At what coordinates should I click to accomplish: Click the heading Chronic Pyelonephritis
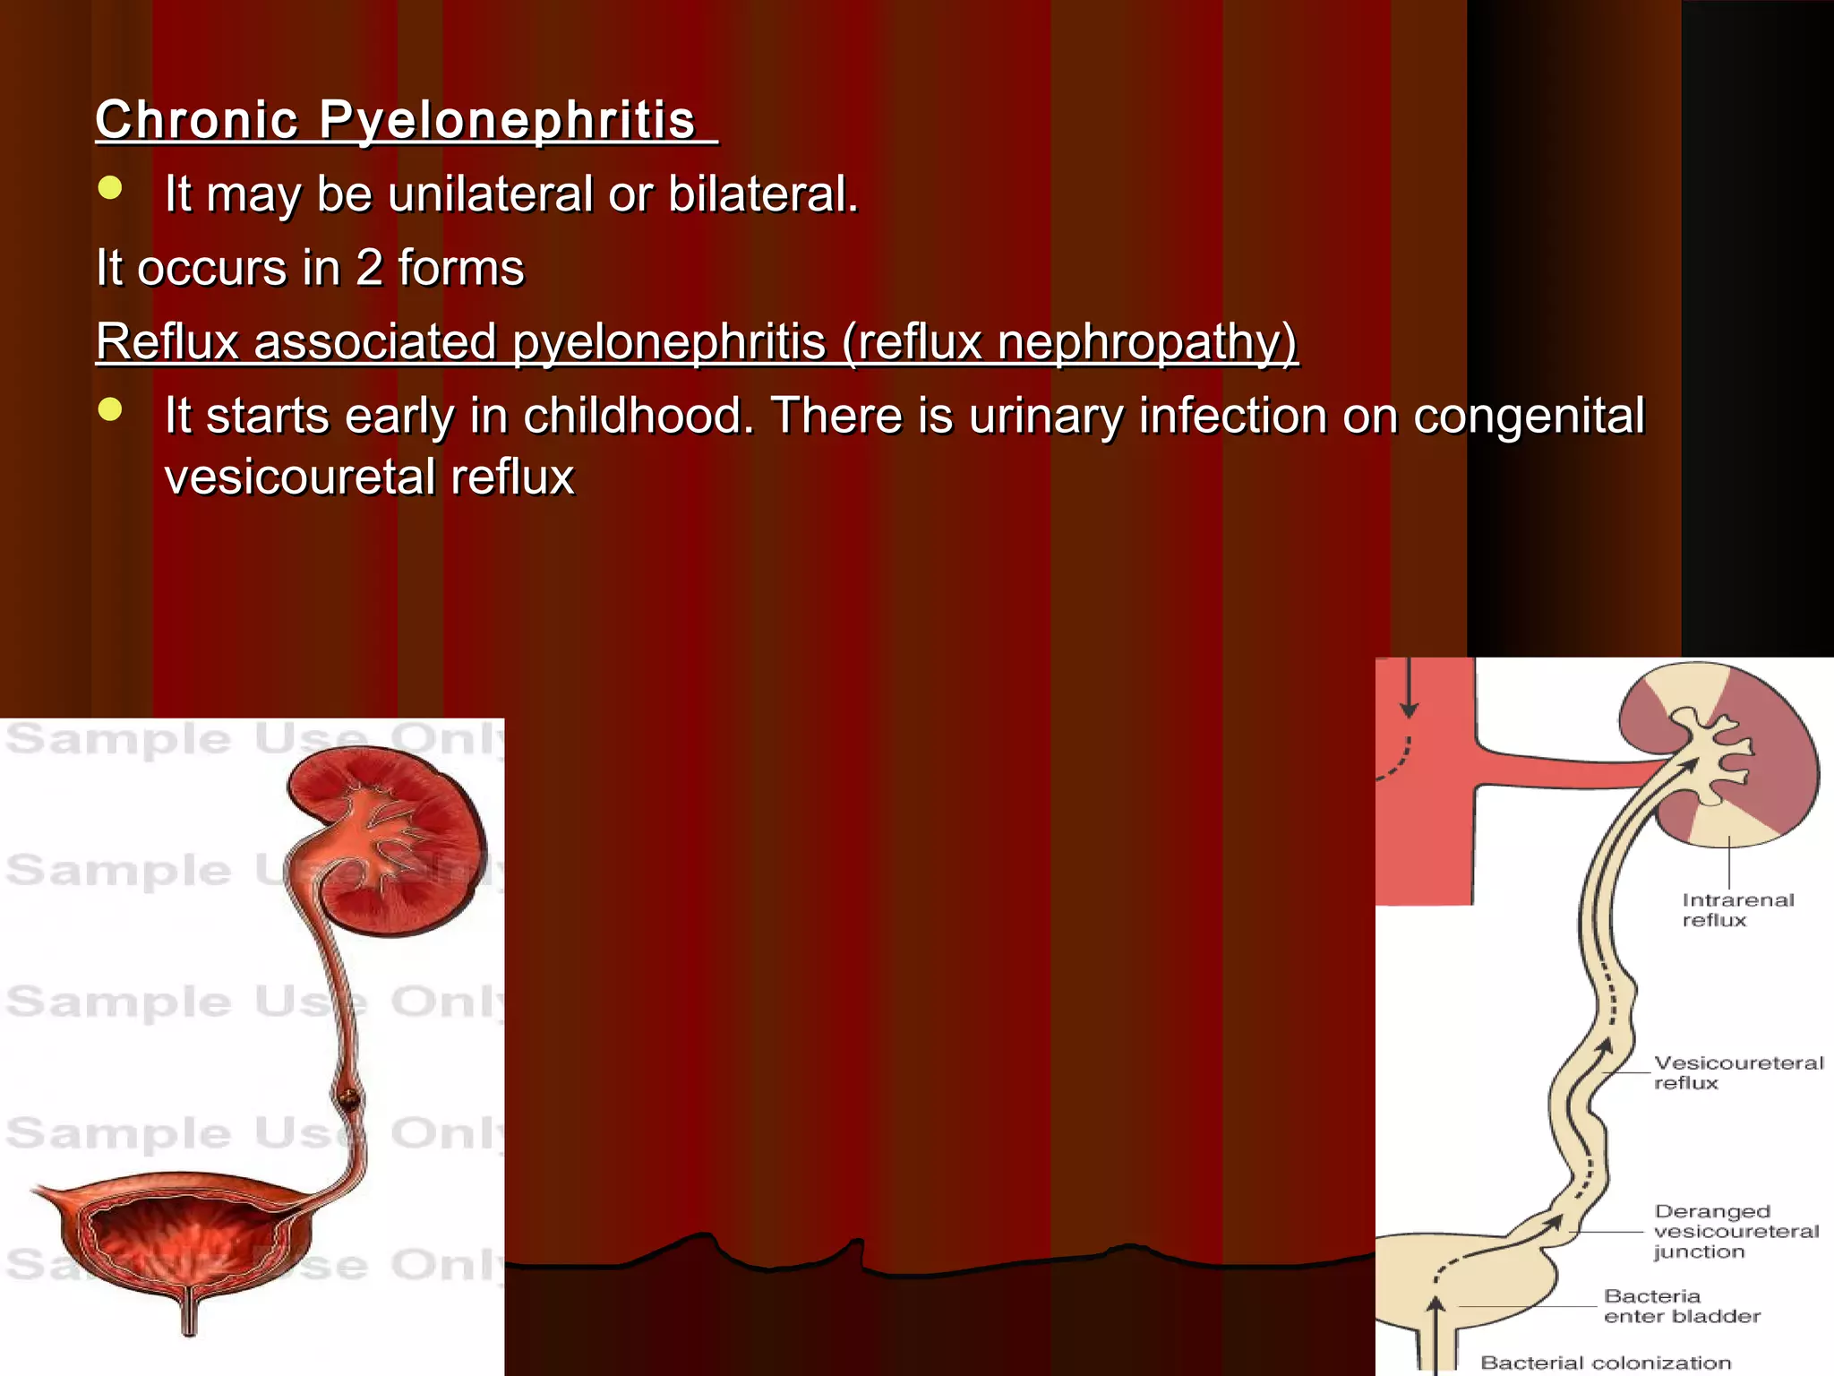click(406, 120)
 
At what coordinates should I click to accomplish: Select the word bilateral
click(762, 194)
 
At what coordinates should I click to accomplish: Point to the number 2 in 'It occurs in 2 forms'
click(369, 268)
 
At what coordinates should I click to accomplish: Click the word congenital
click(1529, 416)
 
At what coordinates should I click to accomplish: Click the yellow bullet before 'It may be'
click(110, 188)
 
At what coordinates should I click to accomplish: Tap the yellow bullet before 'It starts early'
click(110, 409)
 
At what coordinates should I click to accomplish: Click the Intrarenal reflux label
click(1736, 910)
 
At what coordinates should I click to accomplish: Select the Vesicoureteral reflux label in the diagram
click(1736, 1072)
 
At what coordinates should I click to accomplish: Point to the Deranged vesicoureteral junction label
click(1735, 1231)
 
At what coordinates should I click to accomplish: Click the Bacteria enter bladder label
click(1681, 1306)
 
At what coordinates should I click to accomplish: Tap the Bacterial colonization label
click(1605, 1363)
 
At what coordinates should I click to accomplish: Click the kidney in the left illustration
click(394, 838)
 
